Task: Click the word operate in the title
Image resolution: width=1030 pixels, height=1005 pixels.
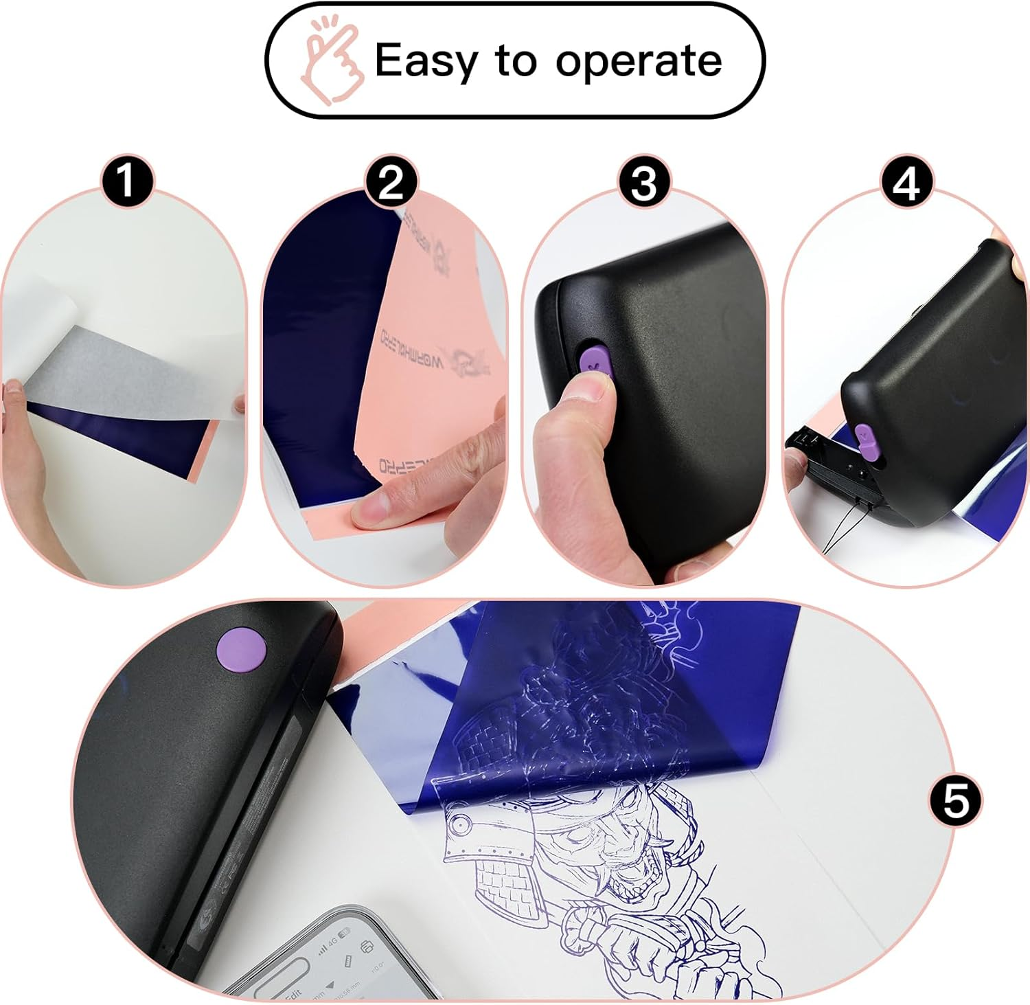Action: pos(639,62)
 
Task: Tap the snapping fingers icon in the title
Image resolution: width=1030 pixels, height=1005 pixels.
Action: pos(332,62)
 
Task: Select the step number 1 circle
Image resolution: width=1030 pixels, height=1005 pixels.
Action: pos(126,183)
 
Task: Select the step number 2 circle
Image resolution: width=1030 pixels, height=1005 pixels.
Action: pos(391,183)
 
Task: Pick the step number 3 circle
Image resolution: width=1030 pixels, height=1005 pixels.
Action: pos(643,183)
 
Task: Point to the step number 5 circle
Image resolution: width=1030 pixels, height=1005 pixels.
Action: pos(955,801)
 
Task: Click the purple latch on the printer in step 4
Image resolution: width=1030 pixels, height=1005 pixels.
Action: pos(864,441)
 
